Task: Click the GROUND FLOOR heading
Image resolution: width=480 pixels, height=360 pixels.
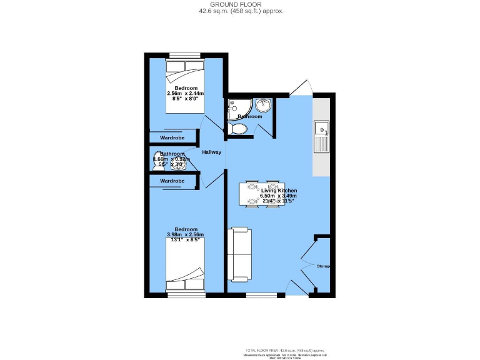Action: pyautogui.click(x=240, y=4)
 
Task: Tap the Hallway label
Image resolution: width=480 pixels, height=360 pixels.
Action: pyautogui.click(x=211, y=152)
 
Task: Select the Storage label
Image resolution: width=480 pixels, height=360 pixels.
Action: pyautogui.click(x=323, y=266)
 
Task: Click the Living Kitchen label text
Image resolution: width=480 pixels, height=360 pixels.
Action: pyautogui.click(x=278, y=190)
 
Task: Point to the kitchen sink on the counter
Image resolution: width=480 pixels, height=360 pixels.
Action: pyautogui.click(x=321, y=130)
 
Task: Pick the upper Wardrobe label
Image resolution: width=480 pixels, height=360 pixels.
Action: pyautogui.click(x=172, y=137)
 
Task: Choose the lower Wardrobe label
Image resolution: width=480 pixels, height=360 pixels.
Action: pyautogui.click(x=172, y=181)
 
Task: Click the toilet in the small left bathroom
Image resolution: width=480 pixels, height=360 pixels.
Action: pyautogui.click(x=157, y=161)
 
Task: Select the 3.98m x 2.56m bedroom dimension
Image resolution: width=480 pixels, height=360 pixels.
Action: pyautogui.click(x=185, y=234)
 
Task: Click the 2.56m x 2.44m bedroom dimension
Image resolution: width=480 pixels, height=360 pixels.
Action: pyautogui.click(x=186, y=94)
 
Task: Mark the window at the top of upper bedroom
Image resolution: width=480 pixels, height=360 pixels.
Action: pyautogui.click(x=185, y=56)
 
